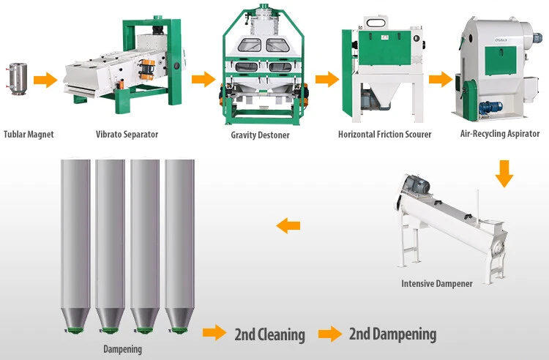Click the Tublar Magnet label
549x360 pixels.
(x=29, y=135)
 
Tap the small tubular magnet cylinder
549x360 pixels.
(x=18, y=78)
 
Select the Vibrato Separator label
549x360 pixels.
(x=127, y=135)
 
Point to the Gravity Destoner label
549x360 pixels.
(x=260, y=135)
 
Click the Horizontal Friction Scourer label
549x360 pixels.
(x=385, y=135)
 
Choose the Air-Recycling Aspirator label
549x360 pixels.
(x=500, y=134)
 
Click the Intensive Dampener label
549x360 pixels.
(x=437, y=283)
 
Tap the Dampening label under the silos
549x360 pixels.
(x=122, y=349)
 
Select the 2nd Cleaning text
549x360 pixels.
(x=269, y=334)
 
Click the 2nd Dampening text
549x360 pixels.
(x=392, y=334)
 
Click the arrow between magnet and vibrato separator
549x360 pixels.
(x=45, y=80)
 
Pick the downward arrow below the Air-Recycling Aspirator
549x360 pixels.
(x=504, y=173)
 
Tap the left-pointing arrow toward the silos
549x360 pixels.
(x=288, y=225)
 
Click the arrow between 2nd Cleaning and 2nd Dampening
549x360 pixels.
(x=330, y=334)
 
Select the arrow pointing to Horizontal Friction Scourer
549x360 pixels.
(x=327, y=80)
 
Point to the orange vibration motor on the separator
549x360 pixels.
(x=146, y=70)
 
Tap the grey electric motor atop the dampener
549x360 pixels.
(x=417, y=184)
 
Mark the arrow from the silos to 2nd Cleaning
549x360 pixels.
(x=214, y=332)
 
